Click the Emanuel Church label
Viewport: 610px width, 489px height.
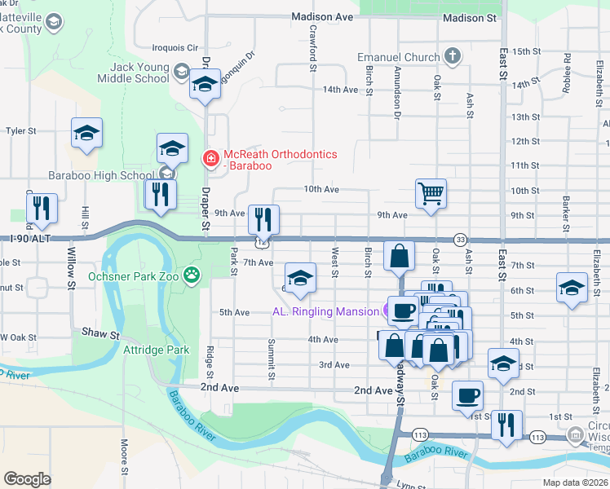click(x=400, y=58)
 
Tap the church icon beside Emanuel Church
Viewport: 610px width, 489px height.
click(x=453, y=57)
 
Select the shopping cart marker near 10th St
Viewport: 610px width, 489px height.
click(x=431, y=194)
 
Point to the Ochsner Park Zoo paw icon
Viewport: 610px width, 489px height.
click(x=192, y=275)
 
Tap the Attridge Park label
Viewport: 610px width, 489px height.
click(x=157, y=350)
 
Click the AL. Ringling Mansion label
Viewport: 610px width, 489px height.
click(x=325, y=311)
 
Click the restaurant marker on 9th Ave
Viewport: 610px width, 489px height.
click(x=263, y=219)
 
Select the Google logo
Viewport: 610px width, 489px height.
click(x=27, y=479)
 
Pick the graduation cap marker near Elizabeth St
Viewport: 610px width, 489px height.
click(x=572, y=288)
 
